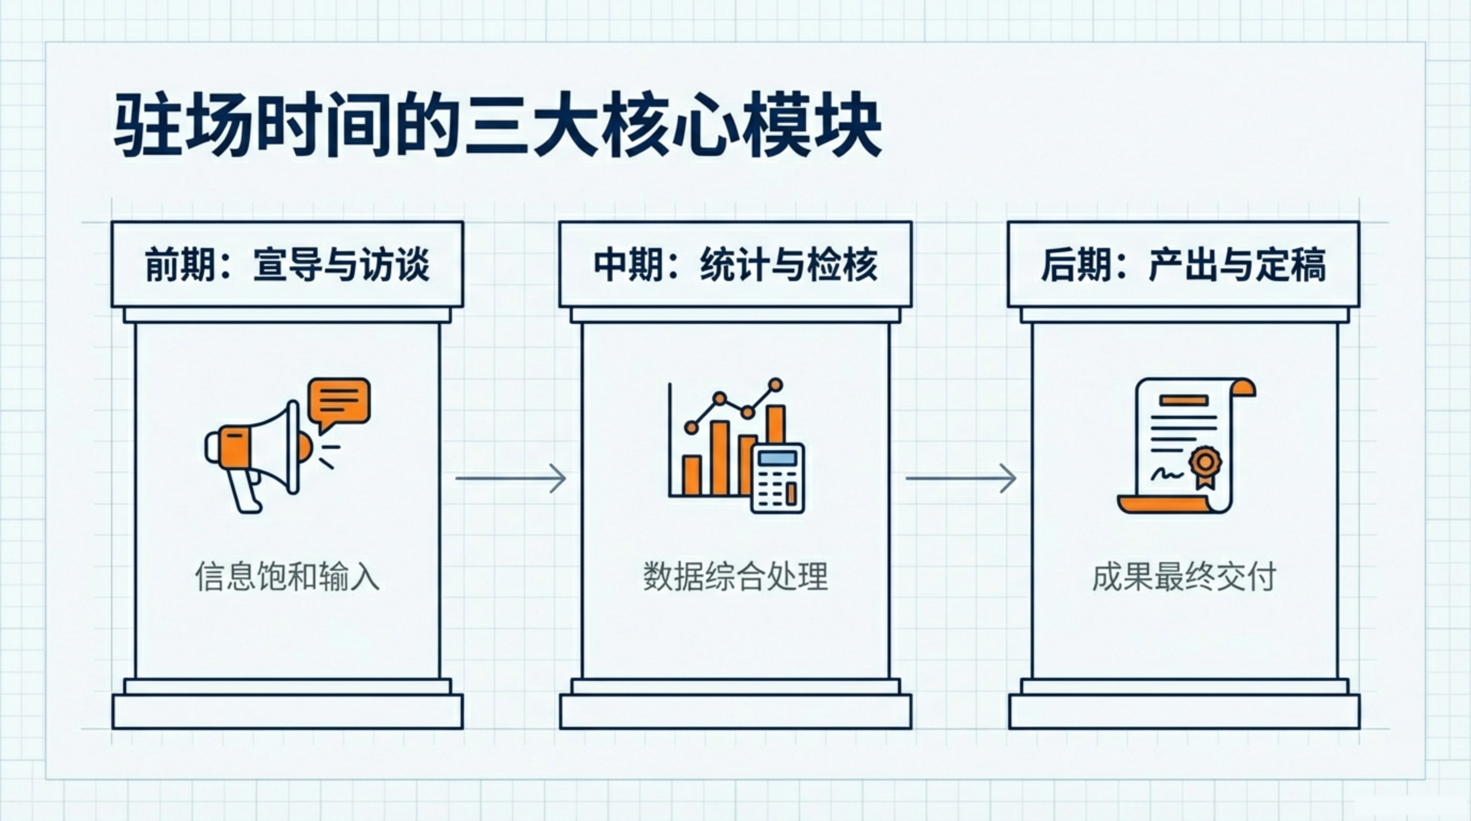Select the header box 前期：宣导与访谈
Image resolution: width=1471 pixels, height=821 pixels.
click(x=287, y=265)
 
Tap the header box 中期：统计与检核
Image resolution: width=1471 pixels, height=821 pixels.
click(x=735, y=265)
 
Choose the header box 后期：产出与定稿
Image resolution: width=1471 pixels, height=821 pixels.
click(x=1184, y=265)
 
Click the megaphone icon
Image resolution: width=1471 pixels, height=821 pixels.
click(x=257, y=451)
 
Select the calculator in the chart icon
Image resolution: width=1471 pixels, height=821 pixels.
click(x=777, y=478)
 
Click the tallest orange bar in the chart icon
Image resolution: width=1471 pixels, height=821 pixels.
click(x=775, y=425)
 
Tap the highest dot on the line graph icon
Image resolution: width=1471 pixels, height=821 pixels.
click(x=776, y=385)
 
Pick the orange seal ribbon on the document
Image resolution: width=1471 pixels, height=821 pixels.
click(x=1205, y=467)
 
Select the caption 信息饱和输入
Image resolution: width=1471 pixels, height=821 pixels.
click(x=287, y=577)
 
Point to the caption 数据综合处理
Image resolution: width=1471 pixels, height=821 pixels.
click(x=735, y=577)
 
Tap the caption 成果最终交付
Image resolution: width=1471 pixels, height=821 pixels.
click(x=1184, y=577)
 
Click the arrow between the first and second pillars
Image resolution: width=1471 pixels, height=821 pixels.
click(x=510, y=478)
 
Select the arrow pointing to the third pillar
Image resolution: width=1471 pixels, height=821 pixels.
click(x=961, y=478)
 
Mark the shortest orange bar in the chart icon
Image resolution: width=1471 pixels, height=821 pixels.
click(x=692, y=475)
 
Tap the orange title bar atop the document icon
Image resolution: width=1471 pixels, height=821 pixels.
click(x=1184, y=400)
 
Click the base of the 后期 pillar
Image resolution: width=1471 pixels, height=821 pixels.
click(x=1184, y=711)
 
